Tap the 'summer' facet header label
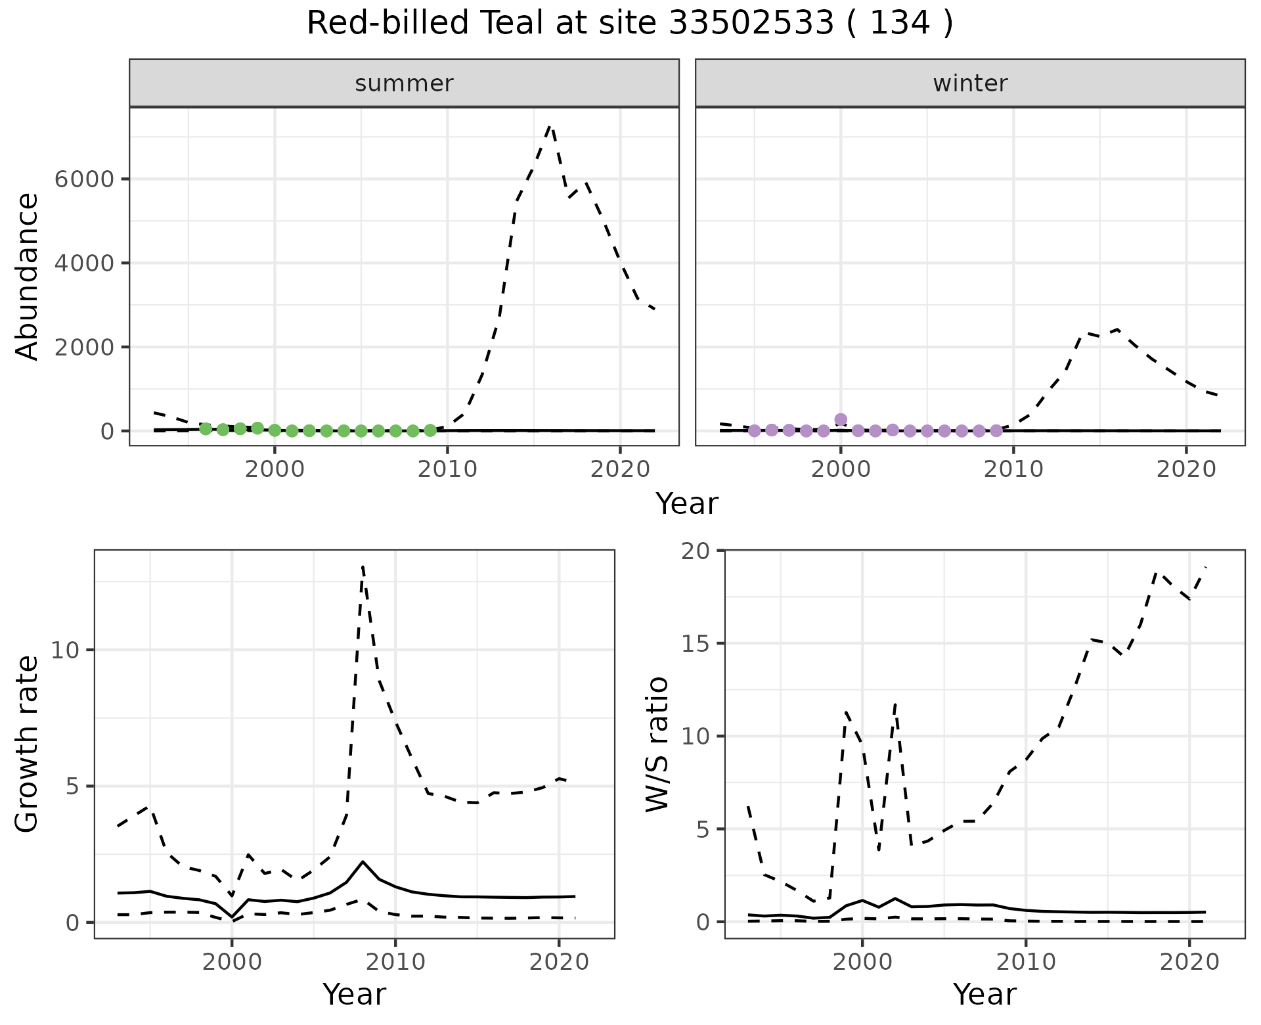404,83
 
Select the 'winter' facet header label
970,83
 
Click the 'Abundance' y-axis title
28,276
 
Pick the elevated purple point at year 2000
841,419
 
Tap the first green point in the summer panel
206,428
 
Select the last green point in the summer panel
430,430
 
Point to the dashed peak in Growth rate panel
363,566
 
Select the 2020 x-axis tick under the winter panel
1186,469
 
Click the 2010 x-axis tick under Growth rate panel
395,963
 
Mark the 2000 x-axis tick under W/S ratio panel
862,963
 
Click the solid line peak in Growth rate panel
363,861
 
